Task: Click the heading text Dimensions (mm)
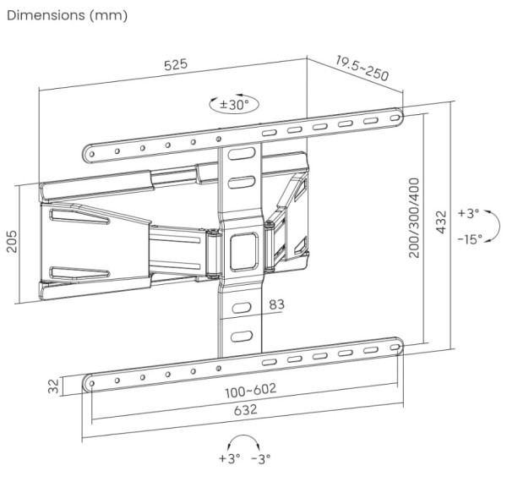click(x=67, y=15)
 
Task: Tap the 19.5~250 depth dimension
click(x=362, y=68)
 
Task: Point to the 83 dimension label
click(x=277, y=304)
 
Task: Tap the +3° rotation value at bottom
click(x=229, y=459)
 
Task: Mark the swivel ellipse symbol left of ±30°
click(x=213, y=105)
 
